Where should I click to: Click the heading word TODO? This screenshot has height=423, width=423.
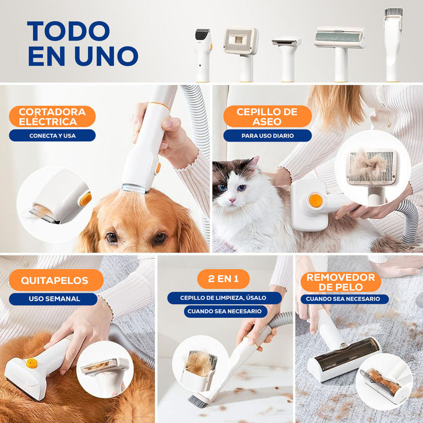tap(69, 31)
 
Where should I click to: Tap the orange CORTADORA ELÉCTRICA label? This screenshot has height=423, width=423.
tap(52, 116)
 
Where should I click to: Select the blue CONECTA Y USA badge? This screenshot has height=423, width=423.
tap(52, 136)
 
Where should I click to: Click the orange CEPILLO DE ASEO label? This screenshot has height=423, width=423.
tap(267, 116)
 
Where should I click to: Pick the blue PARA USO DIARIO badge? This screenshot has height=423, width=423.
tap(267, 136)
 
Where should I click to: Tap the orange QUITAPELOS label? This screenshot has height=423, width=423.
tap(56, 280)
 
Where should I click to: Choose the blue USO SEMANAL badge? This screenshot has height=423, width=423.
tap(53, 299)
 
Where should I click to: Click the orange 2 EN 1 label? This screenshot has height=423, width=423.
tap(223, 278)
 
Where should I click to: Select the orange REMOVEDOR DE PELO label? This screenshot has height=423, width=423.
tap(341, 282)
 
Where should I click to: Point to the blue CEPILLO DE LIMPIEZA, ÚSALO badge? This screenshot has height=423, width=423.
tap(224, 298)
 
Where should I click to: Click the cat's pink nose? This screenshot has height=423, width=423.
tap(231, 200)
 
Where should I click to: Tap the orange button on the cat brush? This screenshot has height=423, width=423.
tap(315, 201)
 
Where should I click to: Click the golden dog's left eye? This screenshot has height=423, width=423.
tap(112, 237)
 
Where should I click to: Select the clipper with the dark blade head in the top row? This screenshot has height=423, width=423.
tap(203, 55)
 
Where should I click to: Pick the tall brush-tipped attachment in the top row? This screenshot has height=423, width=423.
tap(393, 45)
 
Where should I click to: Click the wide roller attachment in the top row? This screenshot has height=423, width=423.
tap(340, 54)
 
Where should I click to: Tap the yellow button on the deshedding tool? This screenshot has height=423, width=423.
tap(32, 363)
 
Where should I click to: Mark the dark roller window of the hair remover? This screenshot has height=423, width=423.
tap(347, 352)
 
